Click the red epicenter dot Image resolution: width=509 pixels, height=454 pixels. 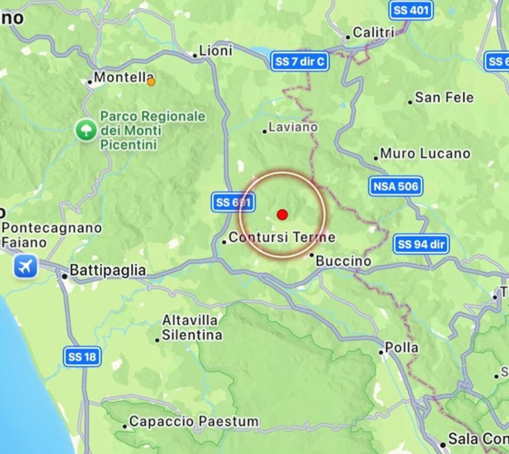[282, 215]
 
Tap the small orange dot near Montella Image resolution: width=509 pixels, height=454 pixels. [151, 82]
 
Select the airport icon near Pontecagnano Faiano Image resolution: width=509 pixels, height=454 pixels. [25, 267]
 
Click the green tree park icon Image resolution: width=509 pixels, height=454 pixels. [86, 130]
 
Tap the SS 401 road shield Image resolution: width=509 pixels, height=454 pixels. [411, 10]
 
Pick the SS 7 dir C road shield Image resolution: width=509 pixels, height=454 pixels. [300, 62]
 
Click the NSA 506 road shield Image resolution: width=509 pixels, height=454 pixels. [396, 186]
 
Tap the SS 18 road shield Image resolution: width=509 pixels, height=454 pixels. [83, 357]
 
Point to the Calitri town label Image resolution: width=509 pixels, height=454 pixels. [373, 33]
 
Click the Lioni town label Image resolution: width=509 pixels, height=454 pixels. [215, 51]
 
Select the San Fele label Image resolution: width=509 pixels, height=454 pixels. [444, 97]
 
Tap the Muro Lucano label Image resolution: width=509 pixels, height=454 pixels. [424, 154]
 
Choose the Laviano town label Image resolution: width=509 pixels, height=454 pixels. [293, 127]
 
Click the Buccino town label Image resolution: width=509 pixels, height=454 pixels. [343, 261]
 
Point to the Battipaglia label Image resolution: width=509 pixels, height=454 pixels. [107, 271]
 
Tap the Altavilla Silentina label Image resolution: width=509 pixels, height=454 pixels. [192, 328]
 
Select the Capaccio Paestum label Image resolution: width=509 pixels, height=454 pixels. [193, 422]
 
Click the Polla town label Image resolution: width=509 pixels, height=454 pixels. [401, 348]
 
